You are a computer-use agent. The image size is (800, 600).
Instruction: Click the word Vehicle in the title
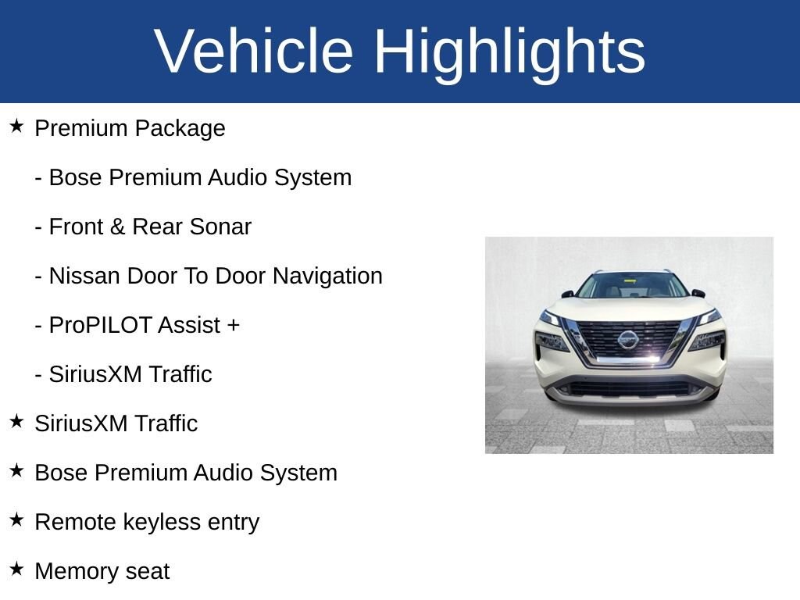[254, 51]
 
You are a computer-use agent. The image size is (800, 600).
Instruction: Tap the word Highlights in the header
[509, 54]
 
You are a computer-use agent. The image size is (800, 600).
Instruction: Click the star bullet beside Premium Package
[17, 126]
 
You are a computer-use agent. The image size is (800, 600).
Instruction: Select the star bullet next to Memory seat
[17, 569]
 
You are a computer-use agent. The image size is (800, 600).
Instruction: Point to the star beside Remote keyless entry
[17, 520]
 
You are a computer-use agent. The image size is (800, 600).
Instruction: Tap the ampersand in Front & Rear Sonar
[117, 227]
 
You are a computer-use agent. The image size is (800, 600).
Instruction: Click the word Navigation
[327, 277]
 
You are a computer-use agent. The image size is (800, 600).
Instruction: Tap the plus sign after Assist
[233, 326]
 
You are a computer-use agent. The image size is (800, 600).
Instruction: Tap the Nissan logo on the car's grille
[627, 339]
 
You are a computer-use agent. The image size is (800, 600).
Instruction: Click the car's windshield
[632, 286]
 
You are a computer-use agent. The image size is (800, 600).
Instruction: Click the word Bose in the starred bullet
[62, 473]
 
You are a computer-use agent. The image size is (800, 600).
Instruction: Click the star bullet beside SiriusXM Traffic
[17, 421]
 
